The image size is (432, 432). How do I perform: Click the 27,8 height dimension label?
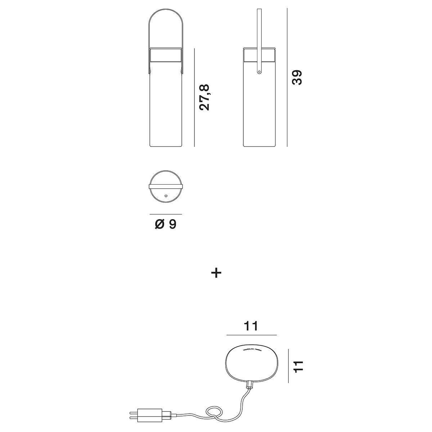pyautogui.click(x=204, y=97)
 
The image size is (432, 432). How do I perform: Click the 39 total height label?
pyautogui.click(x=297, y=77)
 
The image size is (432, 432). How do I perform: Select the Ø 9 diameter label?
pyautogui.click(x=166, y=224)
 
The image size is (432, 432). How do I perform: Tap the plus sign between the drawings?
pyautogui.click(x=216, y=273)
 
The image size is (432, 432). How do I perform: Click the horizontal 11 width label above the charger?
pyautogui.click(x=251, y=326)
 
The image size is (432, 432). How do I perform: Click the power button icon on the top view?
pyautogui.click(x=166, y=196)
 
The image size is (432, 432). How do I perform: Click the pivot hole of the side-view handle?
pyautogui.click(x=258, y=72)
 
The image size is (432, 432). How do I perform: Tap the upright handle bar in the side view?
pyautogui.click(x=258, y=36)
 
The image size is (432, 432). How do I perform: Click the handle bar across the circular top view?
pyautogui.click(x=166, y=186)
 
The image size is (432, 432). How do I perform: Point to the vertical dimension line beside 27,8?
pyautogui.click(x=194, y=97)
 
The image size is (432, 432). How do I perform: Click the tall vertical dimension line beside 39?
pyautogui.click(x=287, y=77)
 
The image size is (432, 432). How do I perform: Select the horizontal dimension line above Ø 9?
pyautogui.click(x=166, y=214)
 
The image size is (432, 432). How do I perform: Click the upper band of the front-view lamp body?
pyautogui.click(x=166, y=56)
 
